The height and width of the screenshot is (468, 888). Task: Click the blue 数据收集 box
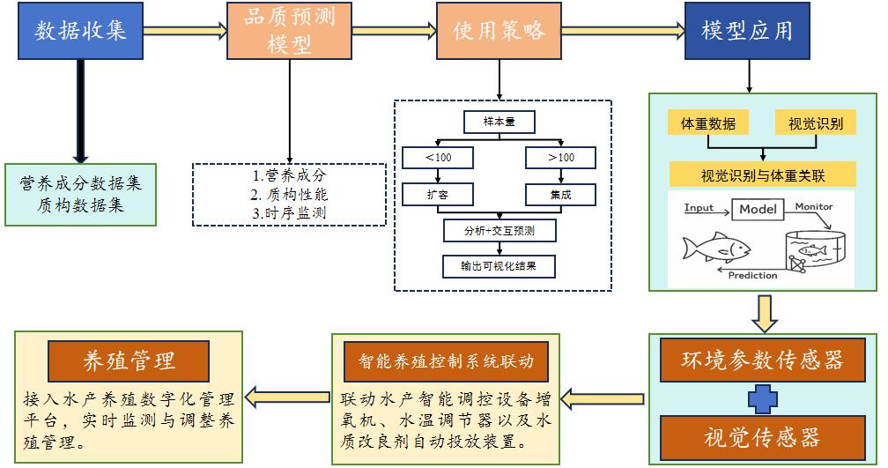coord(80,30)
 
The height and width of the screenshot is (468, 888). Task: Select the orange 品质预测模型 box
coord(290,30)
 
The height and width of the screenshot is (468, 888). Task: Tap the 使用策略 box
coord(499,30)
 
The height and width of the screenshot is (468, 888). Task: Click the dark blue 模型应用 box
coord(747,30)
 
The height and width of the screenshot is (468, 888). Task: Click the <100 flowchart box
coord(438,158)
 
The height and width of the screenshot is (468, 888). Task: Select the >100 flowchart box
coord(560,158)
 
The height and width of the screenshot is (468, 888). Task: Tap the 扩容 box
coord(438,195)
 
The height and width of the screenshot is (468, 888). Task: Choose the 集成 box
coord(560,195)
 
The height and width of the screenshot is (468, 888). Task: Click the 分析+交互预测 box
coord(499,231)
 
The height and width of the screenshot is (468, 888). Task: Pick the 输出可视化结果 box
coord(499,265)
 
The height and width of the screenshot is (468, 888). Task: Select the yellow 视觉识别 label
coord(816,123)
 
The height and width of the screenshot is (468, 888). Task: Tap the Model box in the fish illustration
coord(758,209)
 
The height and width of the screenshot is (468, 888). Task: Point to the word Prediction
coord(752,275)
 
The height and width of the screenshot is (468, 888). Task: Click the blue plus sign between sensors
coord(762,399)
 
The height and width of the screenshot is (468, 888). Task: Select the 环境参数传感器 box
coord(762,360)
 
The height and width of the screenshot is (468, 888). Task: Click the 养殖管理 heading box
coord(129,361)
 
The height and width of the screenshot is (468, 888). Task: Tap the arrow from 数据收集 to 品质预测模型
coord(185,30)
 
